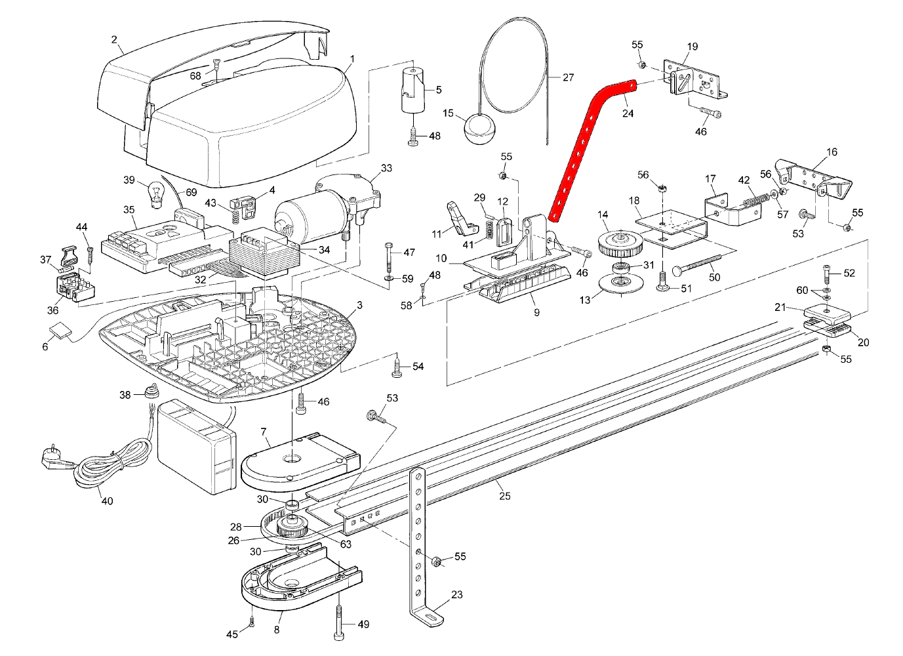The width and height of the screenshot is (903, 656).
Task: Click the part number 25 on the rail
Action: (x=504, y=496)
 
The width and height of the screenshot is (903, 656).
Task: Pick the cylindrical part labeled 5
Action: (x=412, y=89)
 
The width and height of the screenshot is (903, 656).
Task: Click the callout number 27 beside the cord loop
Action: (x=568, y=77)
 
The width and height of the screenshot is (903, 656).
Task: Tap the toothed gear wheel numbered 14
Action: (x=617, y=245)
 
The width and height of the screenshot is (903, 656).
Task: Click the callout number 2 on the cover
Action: (x=113, y=40)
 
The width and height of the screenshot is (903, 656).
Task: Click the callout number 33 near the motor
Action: (x=386, y=169)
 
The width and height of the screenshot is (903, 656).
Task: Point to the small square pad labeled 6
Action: (x=58, y=331)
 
